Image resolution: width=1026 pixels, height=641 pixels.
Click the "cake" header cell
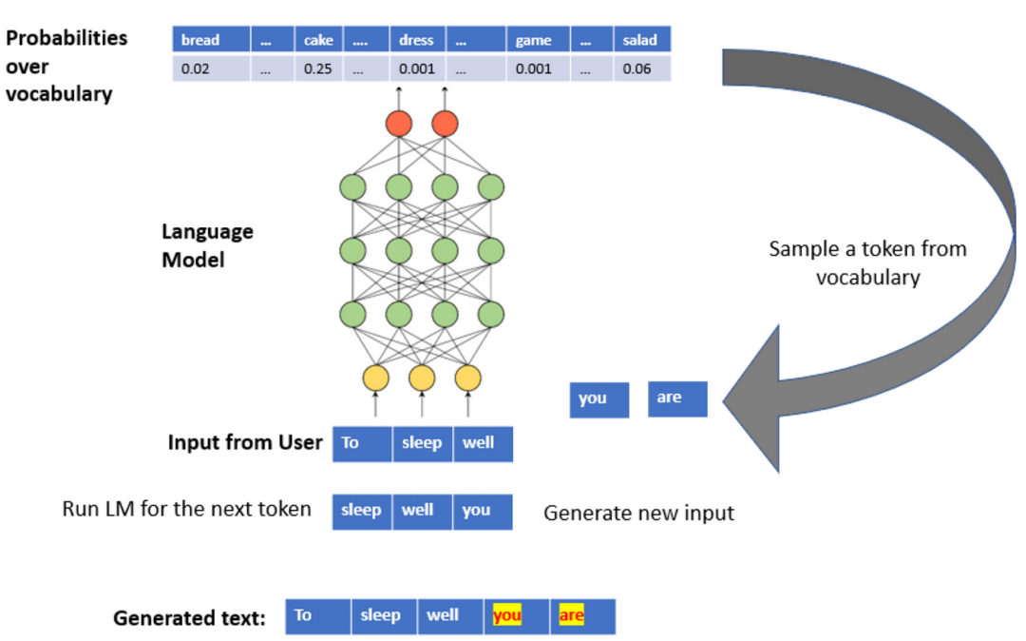318,40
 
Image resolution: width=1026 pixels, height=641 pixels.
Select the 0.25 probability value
318,69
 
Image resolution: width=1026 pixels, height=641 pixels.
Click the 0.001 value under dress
417,69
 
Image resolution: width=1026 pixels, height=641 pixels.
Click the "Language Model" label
207,245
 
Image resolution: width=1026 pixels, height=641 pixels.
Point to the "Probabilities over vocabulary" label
66,66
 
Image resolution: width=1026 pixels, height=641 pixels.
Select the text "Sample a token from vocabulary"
866,262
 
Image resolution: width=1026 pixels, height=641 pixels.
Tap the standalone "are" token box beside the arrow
677,398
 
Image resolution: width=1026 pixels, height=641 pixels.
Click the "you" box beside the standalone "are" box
599,399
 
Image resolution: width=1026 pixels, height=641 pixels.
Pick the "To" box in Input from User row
362,444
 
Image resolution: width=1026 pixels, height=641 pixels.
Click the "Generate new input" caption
638,514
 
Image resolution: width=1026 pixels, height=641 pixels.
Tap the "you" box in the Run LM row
483,511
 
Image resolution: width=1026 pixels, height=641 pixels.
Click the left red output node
399,123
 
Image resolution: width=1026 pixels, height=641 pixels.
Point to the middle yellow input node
422,378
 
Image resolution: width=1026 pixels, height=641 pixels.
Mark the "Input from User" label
244,442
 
